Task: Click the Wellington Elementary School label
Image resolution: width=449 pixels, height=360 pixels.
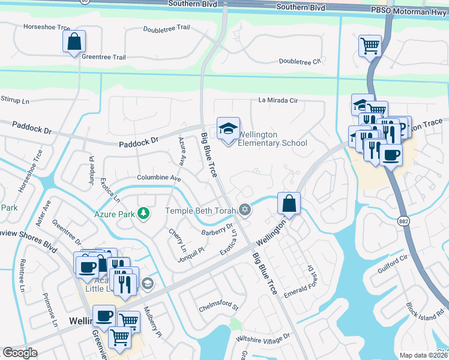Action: coord(272,139)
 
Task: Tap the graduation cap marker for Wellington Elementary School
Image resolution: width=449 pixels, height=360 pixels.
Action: coord(228,130)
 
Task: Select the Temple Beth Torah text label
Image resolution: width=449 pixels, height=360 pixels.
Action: coord(200,211)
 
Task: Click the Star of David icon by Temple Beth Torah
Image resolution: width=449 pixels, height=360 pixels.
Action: coord(244,209)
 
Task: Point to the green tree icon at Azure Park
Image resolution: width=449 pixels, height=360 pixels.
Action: coord(143,213)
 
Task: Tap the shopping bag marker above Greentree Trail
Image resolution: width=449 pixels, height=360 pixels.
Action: coord(74,43)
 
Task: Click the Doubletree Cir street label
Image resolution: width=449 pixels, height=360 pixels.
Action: coord(301,62)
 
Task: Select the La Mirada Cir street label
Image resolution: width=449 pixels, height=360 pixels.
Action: coord(278,100)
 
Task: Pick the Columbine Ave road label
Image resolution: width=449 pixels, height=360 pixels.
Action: coord(158,178)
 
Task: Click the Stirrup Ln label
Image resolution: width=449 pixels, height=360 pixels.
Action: coord(15,100)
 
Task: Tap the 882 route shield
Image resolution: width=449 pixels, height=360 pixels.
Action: coord(405,221)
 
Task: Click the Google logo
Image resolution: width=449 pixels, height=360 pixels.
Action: coord(20,352)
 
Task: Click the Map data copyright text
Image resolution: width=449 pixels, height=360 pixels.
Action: coord(424,355)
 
